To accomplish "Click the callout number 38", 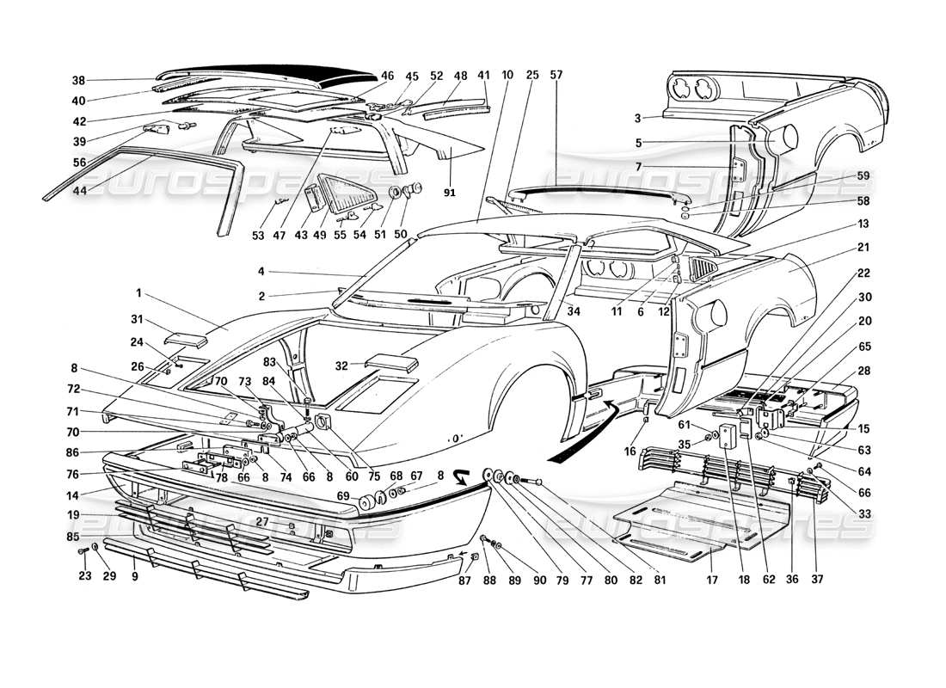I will (x=78, y=80).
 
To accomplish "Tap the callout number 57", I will (x=556, y=76).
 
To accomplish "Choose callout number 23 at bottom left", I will (x=83, y=576).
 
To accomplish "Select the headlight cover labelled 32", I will (x=393, y=363).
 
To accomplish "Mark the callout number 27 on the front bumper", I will (x=262, y=522).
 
